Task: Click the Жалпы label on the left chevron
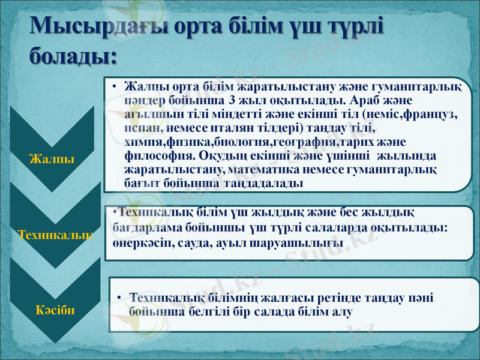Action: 52,159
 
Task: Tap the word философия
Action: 151,155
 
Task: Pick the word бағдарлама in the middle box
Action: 145,228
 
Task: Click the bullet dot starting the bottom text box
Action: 120,298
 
